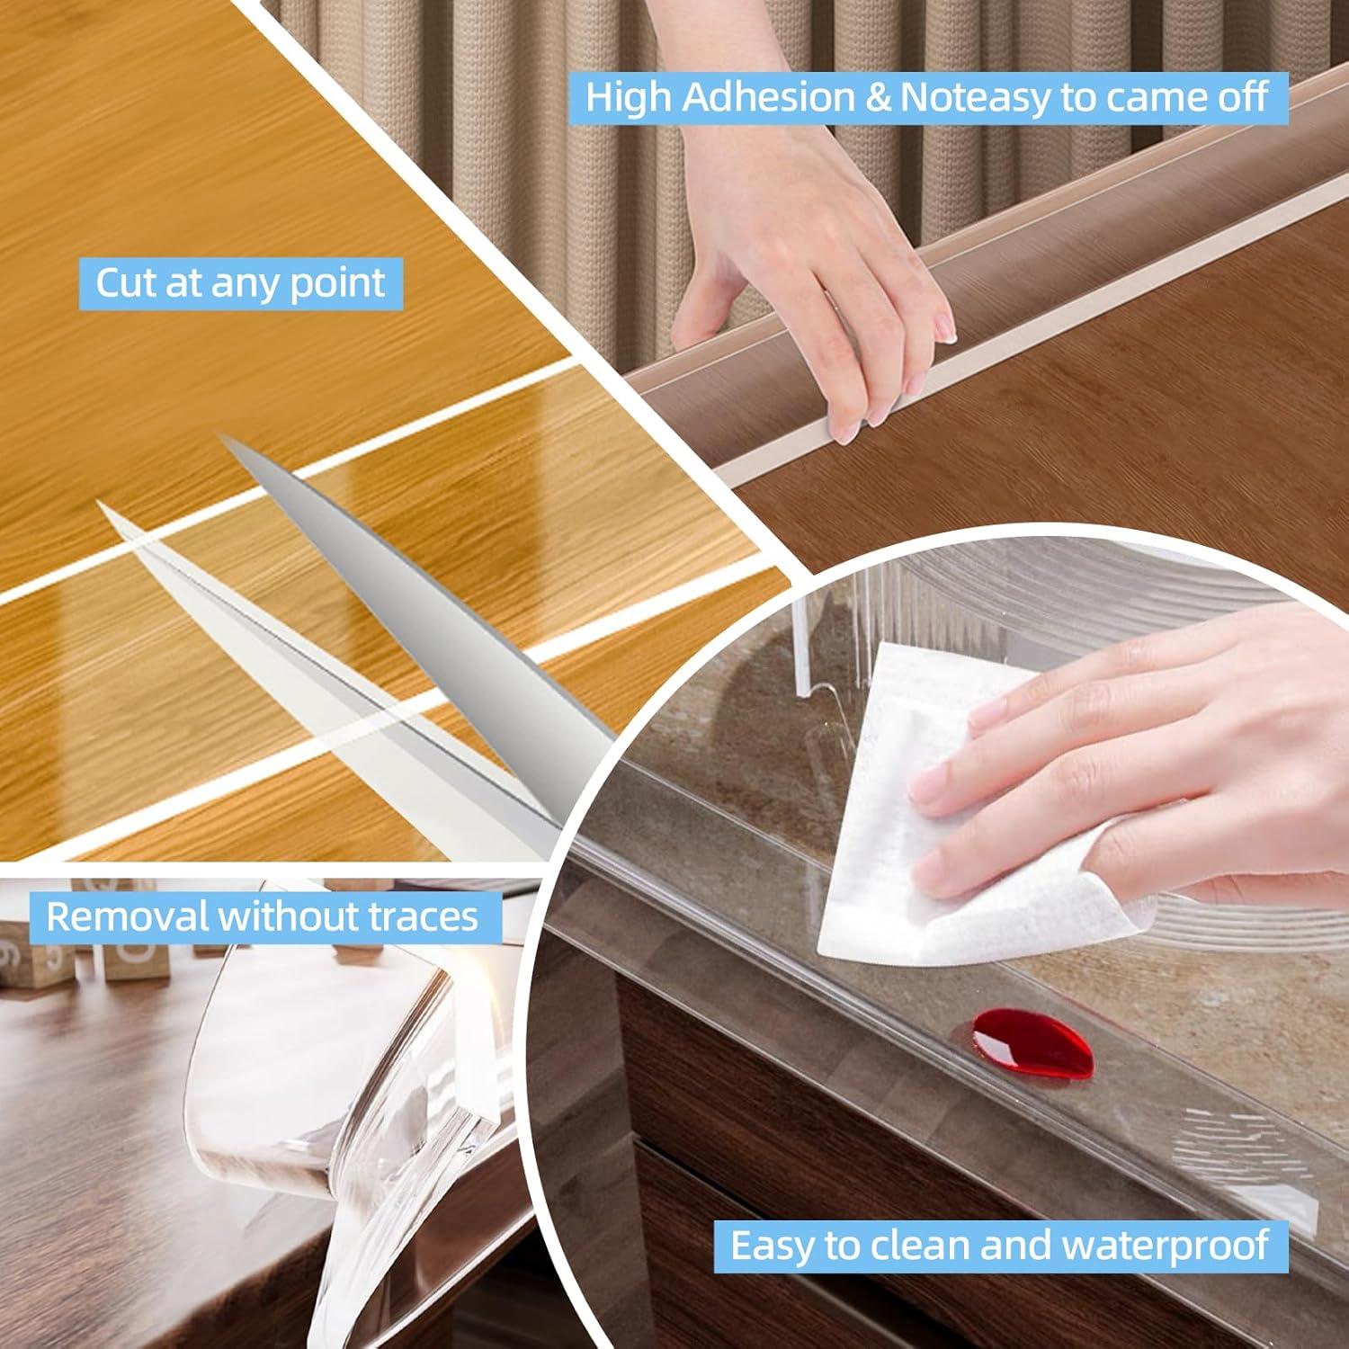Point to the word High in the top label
point(630,97)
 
